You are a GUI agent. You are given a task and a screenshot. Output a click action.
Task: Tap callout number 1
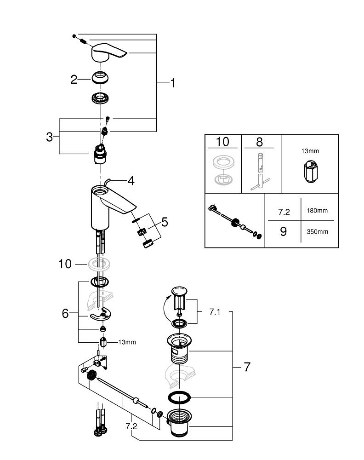point(173,83)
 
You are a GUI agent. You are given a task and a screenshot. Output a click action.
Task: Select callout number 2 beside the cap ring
point(74,80)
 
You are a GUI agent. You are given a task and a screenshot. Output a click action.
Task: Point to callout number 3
point(49,137)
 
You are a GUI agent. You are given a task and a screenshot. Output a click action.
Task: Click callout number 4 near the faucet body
point(131,181)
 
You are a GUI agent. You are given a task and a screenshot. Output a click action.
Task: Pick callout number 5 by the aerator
point(164,223)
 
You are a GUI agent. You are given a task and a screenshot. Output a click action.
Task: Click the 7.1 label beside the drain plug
point(215,312)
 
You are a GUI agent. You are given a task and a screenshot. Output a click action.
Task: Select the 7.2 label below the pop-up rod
point(131,426)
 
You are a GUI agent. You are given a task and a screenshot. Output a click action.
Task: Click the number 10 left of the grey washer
point(65,264)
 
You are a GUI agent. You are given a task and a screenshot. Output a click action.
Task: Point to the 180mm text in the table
point(317,211)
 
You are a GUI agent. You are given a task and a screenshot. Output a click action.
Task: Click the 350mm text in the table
point(317,232)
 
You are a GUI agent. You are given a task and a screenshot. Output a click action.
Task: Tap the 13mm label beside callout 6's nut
point(127,342)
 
